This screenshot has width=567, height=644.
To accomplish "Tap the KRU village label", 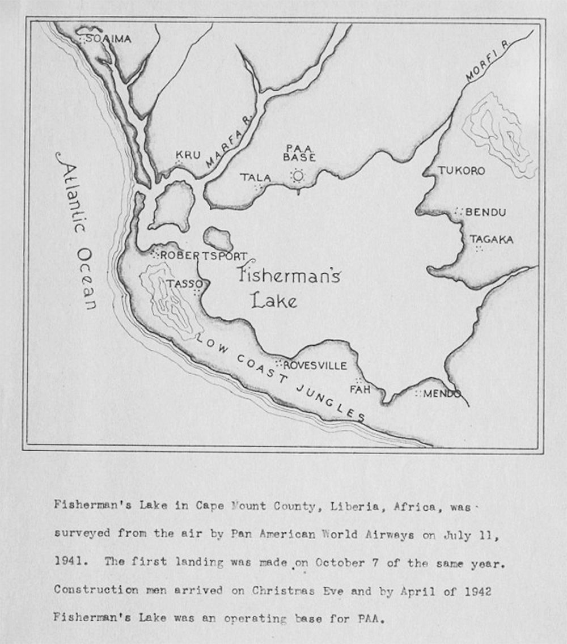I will pyautogui.click(x=188, y=155).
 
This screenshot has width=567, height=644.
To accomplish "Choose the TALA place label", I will pyautogui.click(x=256, y=178).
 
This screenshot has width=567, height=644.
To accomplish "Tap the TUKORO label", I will pyautogui.click(x=461, y=171).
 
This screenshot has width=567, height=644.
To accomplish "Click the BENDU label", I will pyautogui.click(x=485, y=213).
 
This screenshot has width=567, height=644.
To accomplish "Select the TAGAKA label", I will pyautogui.click(x=492, y=240).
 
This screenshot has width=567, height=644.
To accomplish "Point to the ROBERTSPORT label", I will pyautogui.click(x=204, y=256).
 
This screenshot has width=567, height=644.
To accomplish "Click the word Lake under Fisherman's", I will pyautogui.click(x=274, y=300).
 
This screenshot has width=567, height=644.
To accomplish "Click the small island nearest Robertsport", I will pyautogui.click(x=217, y=238).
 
